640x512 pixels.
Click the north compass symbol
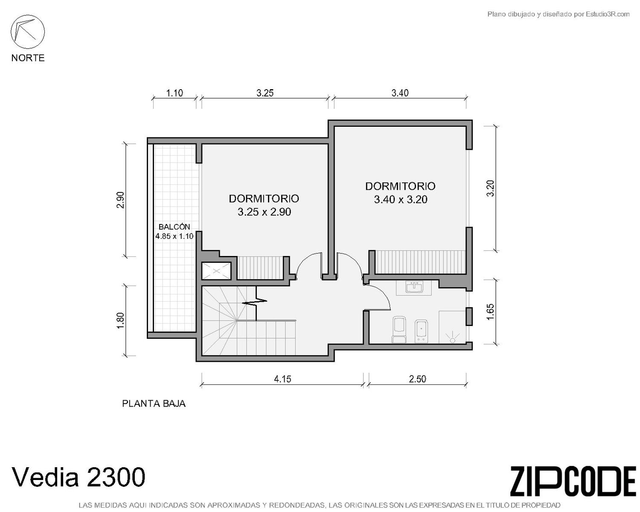tap(28, 32)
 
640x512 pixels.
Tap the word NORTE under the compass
tap(28, 58)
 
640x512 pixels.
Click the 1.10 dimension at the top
tap(175, 93)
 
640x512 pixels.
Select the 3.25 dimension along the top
tap(265, 93)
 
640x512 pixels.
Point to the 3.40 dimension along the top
tap(400, 93)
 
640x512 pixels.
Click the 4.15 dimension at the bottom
tap(282, 379)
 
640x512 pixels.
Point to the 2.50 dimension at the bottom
tap(418, 379)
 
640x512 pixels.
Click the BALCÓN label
tap(174, 227)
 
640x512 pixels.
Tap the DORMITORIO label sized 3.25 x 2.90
tap(264, 199)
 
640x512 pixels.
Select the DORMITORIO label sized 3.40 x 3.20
tap(400, 186)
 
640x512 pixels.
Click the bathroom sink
tap(414, 288)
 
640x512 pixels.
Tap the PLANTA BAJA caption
tap(154, 404)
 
